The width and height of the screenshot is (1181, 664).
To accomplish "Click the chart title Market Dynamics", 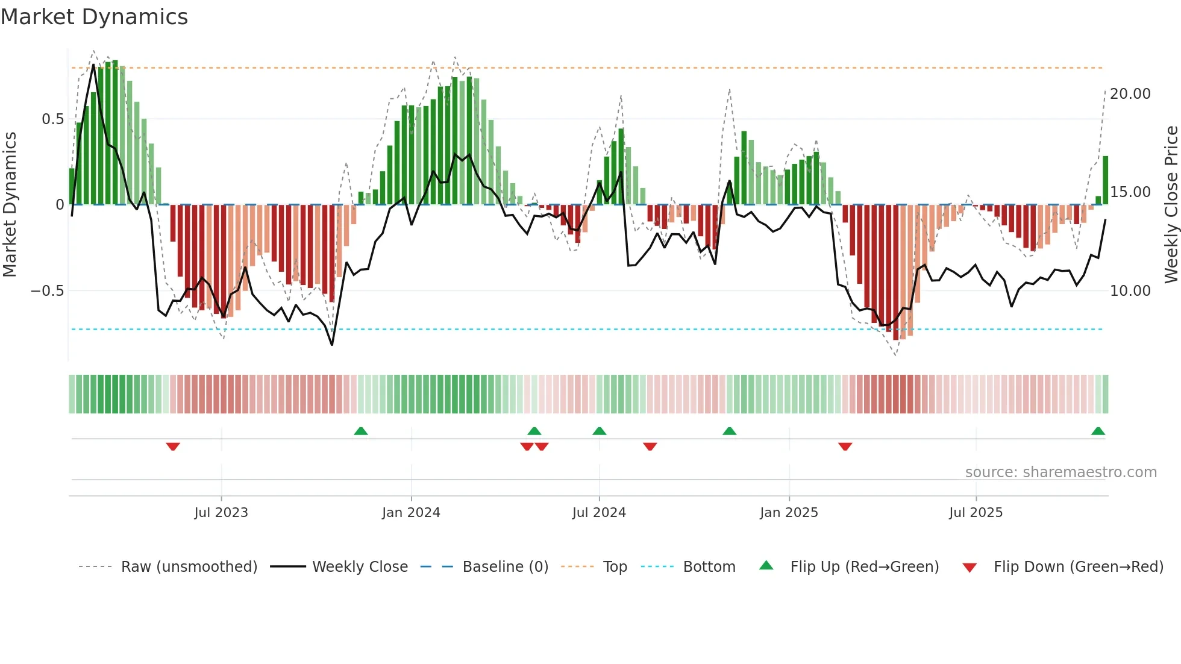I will [x=95, y=17].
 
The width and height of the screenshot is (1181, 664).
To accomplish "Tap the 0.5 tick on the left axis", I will [x=53, y=119].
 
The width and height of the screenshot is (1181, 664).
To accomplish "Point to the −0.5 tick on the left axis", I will [x=48, y=291].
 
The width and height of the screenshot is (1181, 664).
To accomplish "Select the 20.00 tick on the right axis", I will [x=1130, y=94].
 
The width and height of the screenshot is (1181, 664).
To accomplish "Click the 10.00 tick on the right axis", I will [x=1130, y=291].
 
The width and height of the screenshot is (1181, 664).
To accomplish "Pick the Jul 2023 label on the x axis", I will [x=221, y=513].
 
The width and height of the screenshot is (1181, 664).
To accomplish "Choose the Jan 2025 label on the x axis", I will [x=789, y=513].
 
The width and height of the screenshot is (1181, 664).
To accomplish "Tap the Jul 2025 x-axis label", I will [x=976, y=513].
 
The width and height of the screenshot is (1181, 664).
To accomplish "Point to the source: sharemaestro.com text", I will [x=1060, y=472].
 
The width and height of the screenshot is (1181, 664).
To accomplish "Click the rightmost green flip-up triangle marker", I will [x=1098, y=431].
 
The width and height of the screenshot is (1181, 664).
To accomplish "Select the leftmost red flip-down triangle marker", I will [x=173, y=446].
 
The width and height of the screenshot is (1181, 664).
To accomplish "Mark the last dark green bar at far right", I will [x=1105, y=181].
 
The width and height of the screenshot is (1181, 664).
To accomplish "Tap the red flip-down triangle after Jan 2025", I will [x=845, y=446].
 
